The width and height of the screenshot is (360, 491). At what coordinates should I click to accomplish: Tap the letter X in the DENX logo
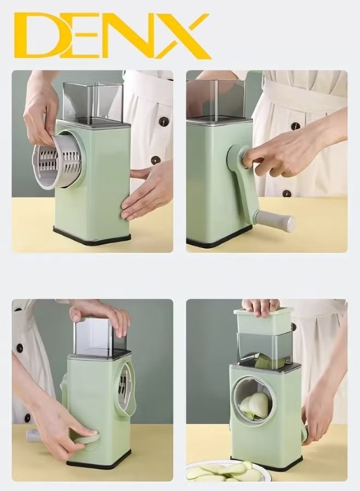coord(182,36)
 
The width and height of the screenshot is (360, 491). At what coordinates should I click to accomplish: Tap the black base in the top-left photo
coord(93,236)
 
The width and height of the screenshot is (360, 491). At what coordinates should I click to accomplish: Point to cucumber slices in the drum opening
coord(255,405)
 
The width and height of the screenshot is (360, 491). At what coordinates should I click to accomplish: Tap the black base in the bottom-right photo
coord(267,464)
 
